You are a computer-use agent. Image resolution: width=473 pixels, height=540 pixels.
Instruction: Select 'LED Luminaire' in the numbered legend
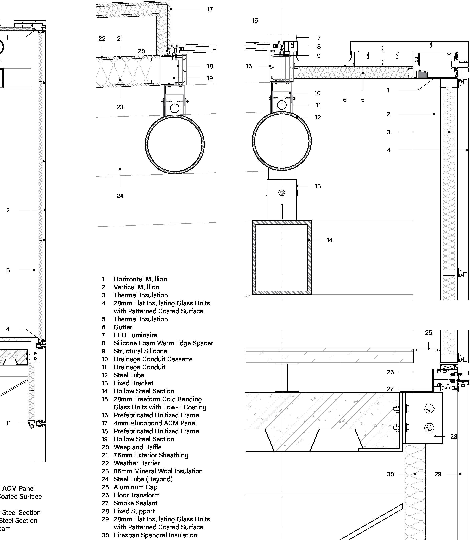(135, 335)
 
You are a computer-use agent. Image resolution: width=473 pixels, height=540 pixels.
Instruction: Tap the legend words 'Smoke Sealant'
(136, 503)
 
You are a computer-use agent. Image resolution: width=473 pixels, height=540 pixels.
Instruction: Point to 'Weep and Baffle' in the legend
(138, 447)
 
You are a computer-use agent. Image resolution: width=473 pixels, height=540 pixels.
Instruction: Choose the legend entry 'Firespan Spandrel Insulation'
(155, 535)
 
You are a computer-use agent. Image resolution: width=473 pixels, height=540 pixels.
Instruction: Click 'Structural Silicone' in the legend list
(140, 351)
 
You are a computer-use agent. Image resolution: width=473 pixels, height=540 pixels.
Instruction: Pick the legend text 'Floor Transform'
(137, 495)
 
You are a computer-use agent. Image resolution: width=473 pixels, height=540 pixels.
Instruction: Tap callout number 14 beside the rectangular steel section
(330, 240)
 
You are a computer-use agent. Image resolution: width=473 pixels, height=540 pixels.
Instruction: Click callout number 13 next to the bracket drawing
(318, 186)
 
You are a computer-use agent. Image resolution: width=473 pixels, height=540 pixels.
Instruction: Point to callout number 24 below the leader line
(120, 196)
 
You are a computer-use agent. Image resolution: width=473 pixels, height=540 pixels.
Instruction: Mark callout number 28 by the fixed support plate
(454, 437)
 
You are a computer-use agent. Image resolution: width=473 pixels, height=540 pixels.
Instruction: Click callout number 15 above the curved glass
(254, 21)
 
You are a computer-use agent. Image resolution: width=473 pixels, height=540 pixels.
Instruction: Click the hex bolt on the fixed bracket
(282, 193)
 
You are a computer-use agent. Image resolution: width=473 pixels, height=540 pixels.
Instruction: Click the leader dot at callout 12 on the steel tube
(297, 117)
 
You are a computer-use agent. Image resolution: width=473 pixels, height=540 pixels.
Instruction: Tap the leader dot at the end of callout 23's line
(120, 80)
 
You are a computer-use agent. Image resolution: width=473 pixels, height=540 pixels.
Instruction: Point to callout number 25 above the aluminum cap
(429, 333)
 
